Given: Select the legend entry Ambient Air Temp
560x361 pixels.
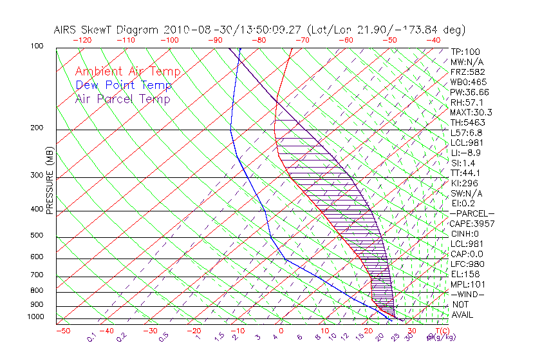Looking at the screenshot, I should point(127,72).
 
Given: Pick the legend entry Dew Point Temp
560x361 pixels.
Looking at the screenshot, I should point(124,86).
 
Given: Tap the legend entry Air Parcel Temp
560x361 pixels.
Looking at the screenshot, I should point(123,99).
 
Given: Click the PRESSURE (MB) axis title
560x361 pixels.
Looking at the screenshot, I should point(50,184).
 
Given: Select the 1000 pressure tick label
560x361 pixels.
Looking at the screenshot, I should point(36,317).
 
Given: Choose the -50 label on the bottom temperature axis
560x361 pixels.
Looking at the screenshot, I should point(63,331).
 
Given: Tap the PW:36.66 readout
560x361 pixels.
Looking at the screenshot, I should point(469,92).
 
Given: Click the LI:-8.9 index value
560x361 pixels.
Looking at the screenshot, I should point(465,153).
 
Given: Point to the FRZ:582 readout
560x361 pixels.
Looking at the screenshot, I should point(467,72).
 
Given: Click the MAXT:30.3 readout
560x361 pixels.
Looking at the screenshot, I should point(471,112).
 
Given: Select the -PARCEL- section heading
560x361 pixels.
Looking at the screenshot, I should point(472,213).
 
